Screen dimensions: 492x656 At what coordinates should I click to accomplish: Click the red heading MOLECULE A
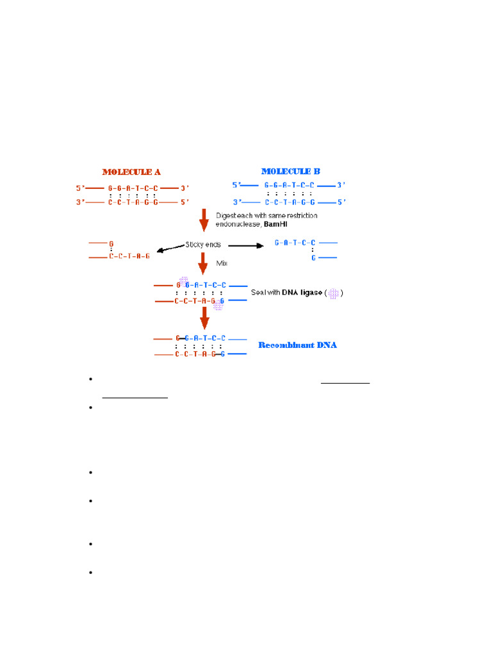pyautogui.click(x=131, y=172)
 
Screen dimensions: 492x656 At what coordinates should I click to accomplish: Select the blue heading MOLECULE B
pyautogui.click(x=291, y=171)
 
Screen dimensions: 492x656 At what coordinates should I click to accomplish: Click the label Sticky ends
pyautogui.click(x=203, y=244)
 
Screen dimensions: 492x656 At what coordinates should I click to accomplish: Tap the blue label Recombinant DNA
pyautogui.click(x=297, y=345)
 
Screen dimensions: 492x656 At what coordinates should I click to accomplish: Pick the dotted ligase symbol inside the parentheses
pyautogui.click(x=333, y=293)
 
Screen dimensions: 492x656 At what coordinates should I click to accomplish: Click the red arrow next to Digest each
pyautogui.click(x=204, y=220)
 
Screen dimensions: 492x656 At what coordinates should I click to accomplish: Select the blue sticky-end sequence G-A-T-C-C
pyautogui.click(x=295, y=243)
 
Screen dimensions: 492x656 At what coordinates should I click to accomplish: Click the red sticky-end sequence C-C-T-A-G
pyautogui.click(x=129, y=256)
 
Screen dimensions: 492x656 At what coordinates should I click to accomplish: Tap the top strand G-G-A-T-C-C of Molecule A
pyautogui.click(x=133, y=188)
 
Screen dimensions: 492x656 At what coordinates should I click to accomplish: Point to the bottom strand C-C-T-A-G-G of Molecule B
pyautogui.click(x=290, y=202)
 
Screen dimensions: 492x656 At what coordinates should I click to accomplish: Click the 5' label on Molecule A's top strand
pyautogui.click(x=79, y=188)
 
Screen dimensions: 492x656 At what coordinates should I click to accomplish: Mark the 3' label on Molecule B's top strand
pyautogui.click(x=341, y=185)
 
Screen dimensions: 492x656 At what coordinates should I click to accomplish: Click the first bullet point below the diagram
pyautogui.click(x=91, y=379)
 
